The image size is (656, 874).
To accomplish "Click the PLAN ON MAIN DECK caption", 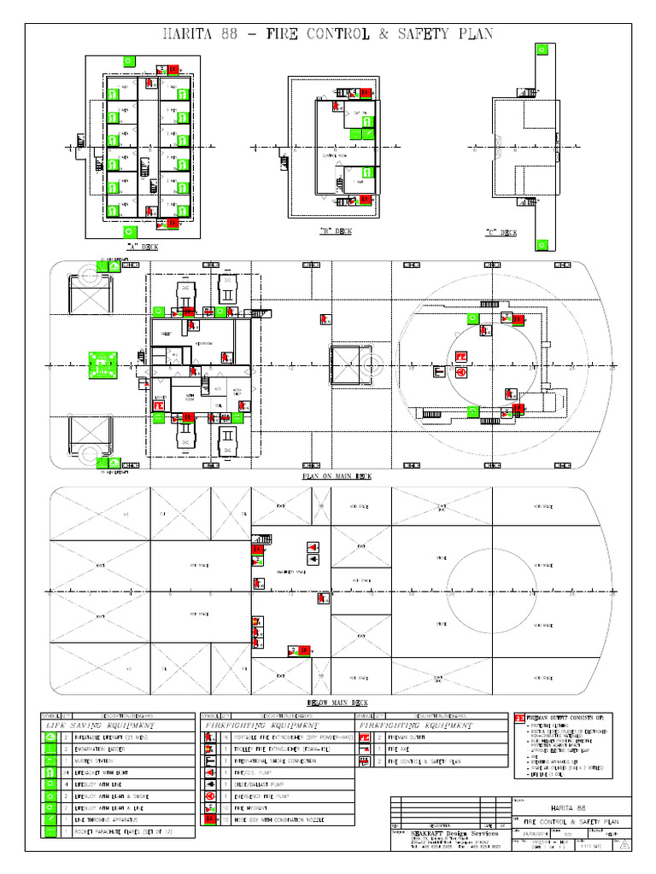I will [337, 475].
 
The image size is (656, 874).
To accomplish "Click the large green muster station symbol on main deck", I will [102, 364].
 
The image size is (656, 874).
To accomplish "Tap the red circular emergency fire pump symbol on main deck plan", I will [460, 372].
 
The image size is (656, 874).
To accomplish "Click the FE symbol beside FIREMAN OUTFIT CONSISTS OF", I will [518, 718].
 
